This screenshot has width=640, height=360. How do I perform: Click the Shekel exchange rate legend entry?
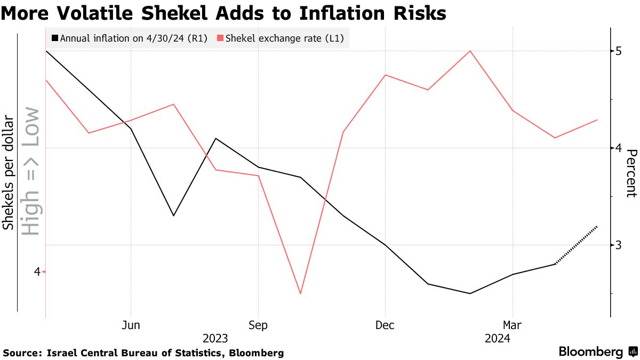tap(280, 38)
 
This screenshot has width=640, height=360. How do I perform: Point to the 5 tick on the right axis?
tap(618, 51)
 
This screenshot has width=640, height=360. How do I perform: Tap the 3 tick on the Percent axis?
tap(618, 245)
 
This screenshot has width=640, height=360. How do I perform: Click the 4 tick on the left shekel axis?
tap(37, 271)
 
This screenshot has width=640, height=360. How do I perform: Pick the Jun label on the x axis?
tap(131, 325)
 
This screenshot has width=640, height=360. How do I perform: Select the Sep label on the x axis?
tap(258, 325)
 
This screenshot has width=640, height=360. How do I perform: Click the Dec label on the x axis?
tap(385, 325)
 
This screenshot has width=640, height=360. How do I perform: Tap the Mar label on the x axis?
tap(513, 325)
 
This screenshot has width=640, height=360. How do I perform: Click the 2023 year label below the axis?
tap(215, 338)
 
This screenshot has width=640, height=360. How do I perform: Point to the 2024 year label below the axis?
tap(497, 338)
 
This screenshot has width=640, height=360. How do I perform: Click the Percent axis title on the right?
tap(630, 173)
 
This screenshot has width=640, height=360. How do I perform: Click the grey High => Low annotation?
tap(31, 171)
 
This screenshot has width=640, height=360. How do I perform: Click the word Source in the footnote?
tap(21, 353)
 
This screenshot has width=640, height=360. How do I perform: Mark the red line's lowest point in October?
tap(301, 293)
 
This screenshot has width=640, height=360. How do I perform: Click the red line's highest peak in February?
tap(470, 51)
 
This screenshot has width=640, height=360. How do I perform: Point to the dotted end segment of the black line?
tap(577, 245)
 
